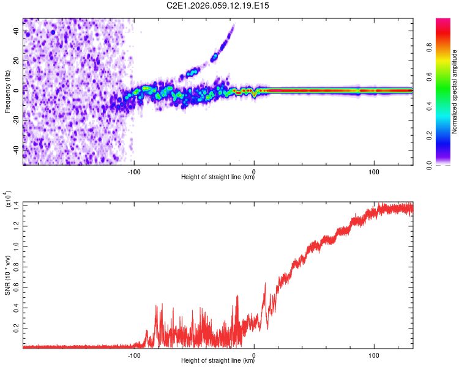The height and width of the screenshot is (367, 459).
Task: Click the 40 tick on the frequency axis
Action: (17, 32)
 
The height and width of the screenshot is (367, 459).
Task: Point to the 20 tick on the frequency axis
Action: (17, 61)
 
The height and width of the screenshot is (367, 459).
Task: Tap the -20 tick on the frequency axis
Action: (15, 119)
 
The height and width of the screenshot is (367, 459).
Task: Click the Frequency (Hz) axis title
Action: (7, 91)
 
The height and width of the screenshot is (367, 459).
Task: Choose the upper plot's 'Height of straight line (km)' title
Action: (218, 178)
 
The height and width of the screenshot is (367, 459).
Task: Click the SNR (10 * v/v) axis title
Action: (7, 273)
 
